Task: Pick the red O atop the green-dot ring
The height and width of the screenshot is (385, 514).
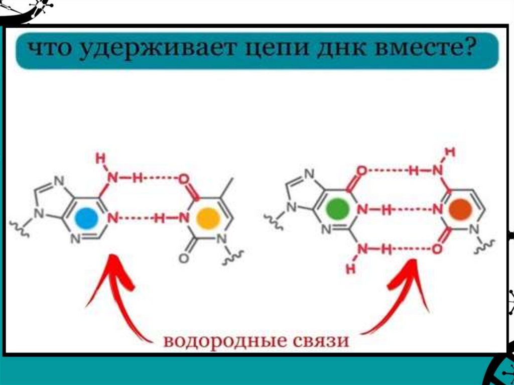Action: tap(361, 171)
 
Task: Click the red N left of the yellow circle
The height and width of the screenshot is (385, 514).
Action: tap(183, 218)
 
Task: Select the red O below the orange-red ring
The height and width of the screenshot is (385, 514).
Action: tap(437, 248)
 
